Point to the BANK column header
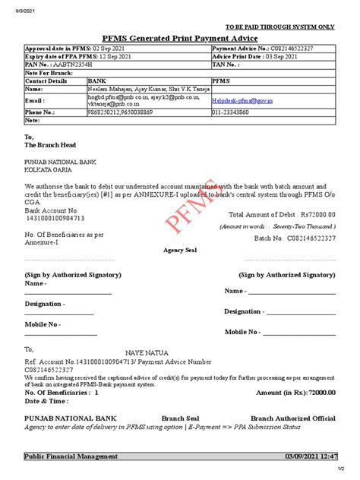tap(97, 80)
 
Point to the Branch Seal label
tap(180, 418)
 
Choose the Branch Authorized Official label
tap(292, 418)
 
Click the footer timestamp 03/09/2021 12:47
tap(309, 456)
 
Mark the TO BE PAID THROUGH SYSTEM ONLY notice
tap(285, 27)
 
